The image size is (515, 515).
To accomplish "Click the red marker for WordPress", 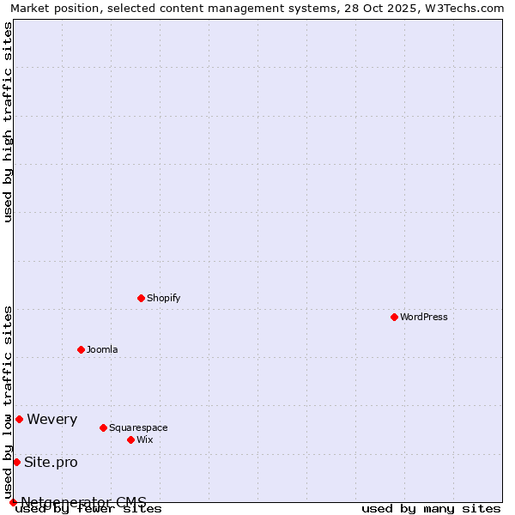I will click(x=394, y=317).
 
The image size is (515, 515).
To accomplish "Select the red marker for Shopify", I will click(x=141, y=298).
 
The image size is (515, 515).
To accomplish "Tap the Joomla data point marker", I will click(x=81, y=349).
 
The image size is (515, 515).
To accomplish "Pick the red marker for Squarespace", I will click(x=103, y=427).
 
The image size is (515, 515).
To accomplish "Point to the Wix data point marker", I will click(x=130, y=439).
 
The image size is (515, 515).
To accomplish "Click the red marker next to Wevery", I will click(x=19, y=419).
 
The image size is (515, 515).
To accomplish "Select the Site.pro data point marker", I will click(x=16, y=462).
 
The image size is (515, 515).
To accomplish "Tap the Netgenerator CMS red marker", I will click(x=13, y=502).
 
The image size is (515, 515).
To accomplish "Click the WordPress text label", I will click(x=424, y=317).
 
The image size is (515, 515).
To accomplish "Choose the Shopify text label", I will click(x=163, y=298).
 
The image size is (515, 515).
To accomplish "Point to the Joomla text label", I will click(x=102, y=349).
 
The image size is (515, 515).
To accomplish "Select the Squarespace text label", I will click(x=138, y=427).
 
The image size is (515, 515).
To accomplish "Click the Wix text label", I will click(x=144, y=439).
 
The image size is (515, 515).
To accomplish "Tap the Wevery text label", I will click(x=51, y=419).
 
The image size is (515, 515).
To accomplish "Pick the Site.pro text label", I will click(x=51, y=462).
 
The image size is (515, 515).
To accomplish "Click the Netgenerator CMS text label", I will click(x=83, y=502).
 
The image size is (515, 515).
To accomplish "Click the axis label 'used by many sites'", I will click(x=430, y=509).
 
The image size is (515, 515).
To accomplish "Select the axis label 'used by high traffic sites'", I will click(x=8, y=122).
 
